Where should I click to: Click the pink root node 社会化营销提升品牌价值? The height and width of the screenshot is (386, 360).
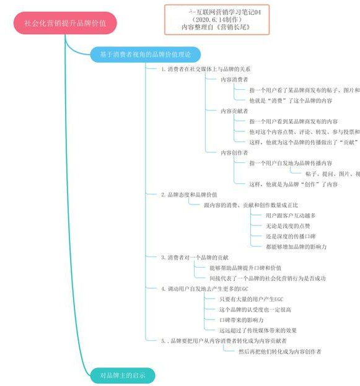64,24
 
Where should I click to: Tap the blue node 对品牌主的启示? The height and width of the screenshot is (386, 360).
121,375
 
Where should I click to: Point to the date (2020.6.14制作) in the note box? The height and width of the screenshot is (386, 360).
214,19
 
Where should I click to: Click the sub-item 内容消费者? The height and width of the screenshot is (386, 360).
234,79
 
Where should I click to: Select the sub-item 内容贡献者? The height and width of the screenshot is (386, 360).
234,111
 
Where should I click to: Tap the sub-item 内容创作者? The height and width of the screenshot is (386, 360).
234,152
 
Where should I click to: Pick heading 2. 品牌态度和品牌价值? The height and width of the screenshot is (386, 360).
189,195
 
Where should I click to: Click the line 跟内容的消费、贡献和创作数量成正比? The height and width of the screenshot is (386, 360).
251,204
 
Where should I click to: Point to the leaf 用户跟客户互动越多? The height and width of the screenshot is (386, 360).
291,215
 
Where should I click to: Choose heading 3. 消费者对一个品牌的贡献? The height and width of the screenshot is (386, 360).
195,257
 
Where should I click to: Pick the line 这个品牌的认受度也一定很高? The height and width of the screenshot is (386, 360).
255,309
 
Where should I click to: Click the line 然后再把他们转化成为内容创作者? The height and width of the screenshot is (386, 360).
279,351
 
